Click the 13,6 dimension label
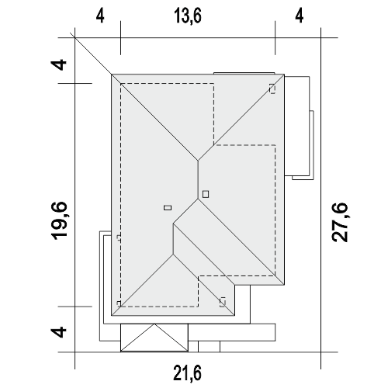click(x=188, y=16)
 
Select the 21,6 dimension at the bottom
click(x=187, y=373)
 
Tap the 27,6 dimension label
click(x=340, y=223)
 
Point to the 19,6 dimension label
click(x=59, y=220)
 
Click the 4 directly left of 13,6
click(x=100, y=16)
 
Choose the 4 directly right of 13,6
click(x=300, y=16)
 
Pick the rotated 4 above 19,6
click(x=59, y=65)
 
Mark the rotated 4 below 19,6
click(x=59, y=332)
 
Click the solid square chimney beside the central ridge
click(x=206, y=194)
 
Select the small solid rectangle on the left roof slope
click(x=168, y=208)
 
